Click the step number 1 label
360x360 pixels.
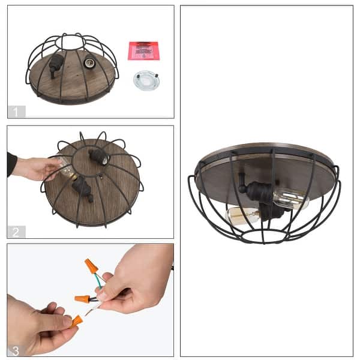click(17, 111)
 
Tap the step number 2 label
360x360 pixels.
click(17, 232)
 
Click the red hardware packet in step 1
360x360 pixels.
click(143, 50)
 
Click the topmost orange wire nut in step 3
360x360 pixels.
click(91, 266)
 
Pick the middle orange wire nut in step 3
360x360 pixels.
click(82, 298)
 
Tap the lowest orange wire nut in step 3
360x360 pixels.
click(76, 321)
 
